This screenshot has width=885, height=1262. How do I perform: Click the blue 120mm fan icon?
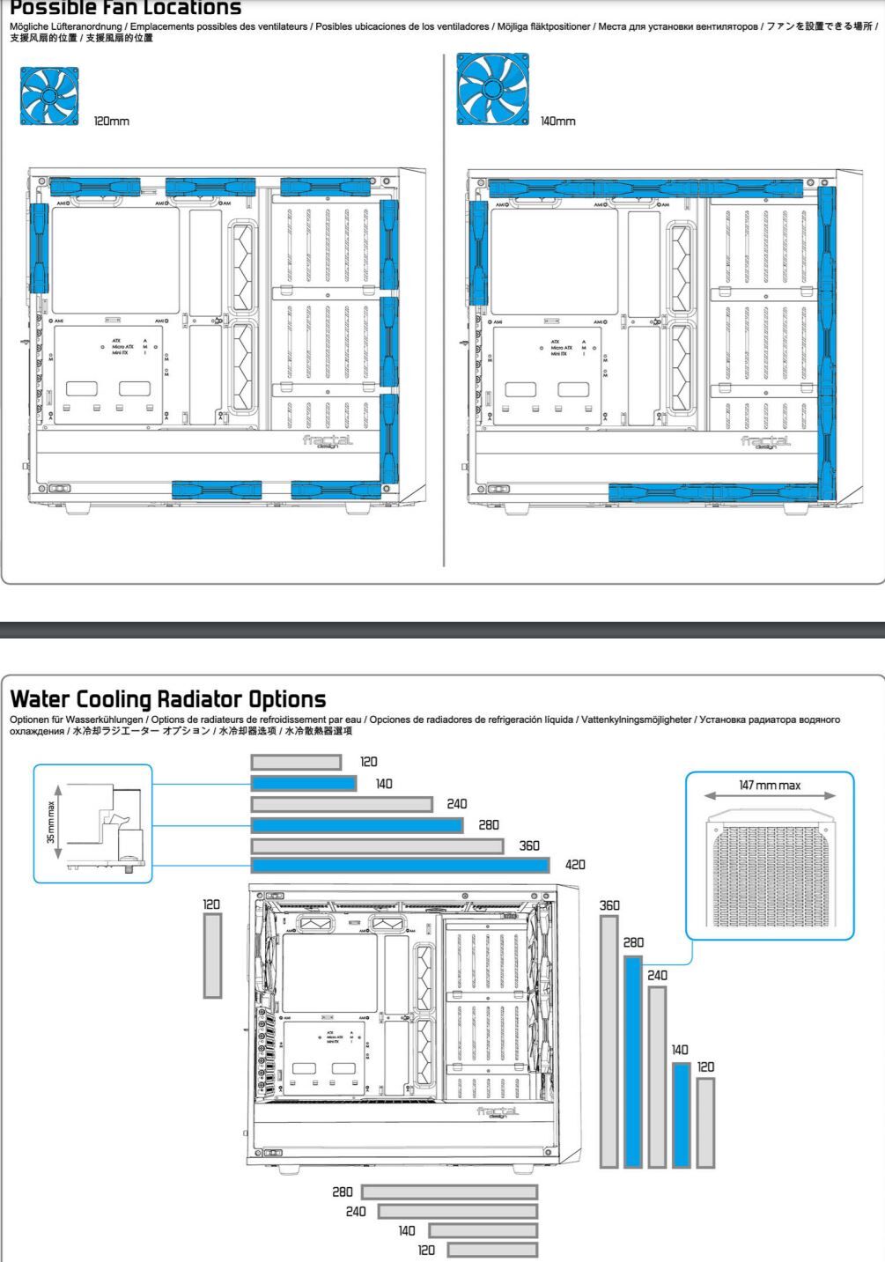click(x=49, y=97)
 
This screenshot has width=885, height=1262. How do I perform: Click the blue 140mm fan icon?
click(x=492, y=89)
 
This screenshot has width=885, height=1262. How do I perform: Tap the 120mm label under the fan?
click(x=111, y=121)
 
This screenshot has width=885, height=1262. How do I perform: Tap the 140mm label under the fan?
click(x=557, y=121)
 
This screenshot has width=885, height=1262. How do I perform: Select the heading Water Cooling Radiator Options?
click(x=167, y=699)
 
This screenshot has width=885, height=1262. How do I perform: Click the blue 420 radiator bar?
click(x=400, y=865)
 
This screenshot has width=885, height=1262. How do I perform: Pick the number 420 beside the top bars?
click(x=575, y=865)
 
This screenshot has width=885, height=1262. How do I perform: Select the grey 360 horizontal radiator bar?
click(x=377, y=845)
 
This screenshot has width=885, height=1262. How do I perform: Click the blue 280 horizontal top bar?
click(x=357, y=825)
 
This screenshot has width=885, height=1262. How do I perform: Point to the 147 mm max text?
click(x=770, y=785)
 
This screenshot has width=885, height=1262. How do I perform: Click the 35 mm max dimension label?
click(x=51, y=822)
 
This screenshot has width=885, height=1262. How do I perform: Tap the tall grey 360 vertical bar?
click(x=608, y=1041)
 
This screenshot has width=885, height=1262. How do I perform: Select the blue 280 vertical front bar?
click(x=632, y=1061)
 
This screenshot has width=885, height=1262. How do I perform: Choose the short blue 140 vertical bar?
click(x=681, y=1114)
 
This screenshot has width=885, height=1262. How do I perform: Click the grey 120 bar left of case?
click(x=212, y=955)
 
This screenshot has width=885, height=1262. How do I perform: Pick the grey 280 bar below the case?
click(x=449, y=1192)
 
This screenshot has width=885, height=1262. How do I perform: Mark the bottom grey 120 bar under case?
click(x=492, y=1250)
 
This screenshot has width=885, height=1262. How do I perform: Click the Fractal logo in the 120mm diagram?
click(x=328, y=440)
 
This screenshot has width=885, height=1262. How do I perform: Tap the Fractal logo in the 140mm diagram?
click(x=765, y=440)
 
